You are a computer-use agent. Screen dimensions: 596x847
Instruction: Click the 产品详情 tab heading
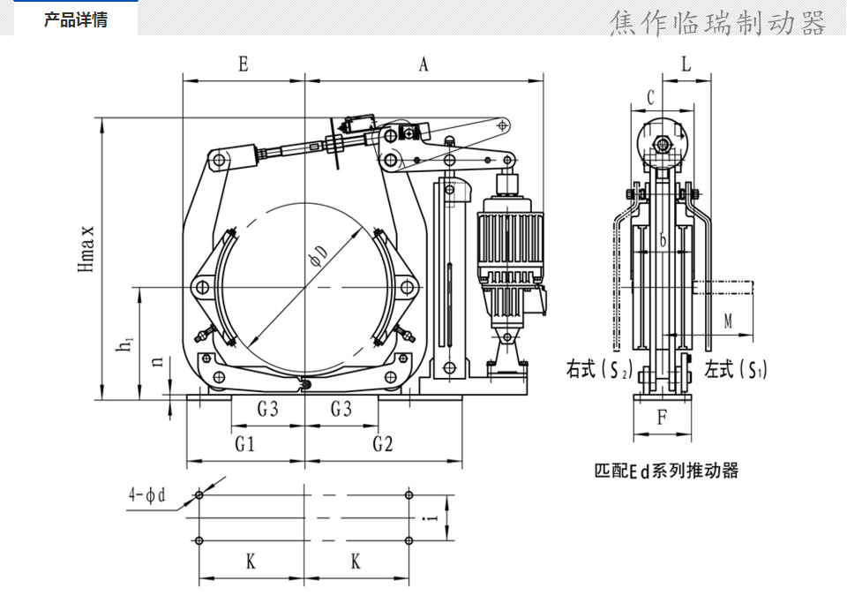point(76,19)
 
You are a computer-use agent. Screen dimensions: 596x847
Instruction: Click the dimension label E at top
point(243,64)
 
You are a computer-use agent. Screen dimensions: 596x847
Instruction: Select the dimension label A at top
point(423,64)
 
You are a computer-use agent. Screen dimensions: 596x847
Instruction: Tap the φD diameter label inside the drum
point(318,256)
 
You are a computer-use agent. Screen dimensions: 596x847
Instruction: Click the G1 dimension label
point(245,444)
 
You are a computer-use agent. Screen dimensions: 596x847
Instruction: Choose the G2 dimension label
point(382,444)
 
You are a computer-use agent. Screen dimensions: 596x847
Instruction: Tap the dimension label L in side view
point(686,64)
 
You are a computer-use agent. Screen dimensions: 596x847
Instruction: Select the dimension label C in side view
point(650,97)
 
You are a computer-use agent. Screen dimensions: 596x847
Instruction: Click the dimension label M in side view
point(729,321)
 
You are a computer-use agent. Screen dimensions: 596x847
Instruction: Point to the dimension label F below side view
point(662,418)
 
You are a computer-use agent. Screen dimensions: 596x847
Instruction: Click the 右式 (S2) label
point(599,370)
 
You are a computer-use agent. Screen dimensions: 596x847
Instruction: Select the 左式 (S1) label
point(736,370)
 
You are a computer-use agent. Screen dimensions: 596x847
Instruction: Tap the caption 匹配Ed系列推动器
point(666,470)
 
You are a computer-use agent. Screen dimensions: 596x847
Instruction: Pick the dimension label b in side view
point(663,240)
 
